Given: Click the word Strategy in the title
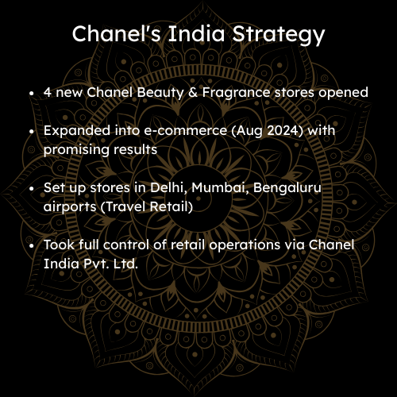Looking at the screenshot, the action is [x=278, y=34].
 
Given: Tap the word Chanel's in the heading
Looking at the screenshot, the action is [x=116, y=33].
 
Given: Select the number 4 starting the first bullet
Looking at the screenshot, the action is [x=48, y=92].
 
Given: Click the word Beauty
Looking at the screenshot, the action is [x=160, y=93].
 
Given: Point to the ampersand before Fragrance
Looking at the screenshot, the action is [x=193, y=92].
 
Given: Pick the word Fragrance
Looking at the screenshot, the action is [x=236, y=93].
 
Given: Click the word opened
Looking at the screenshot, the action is [x=343, y=93].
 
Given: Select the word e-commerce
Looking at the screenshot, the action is [x=186, y=130].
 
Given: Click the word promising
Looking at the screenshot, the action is [x=76, y=150].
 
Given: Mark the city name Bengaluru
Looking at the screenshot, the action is [x=287, y=188].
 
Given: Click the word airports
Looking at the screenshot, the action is [x=70, y=207].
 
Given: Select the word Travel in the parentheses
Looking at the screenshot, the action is [x=125, y=206].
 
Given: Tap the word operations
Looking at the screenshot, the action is [x=245, y=245].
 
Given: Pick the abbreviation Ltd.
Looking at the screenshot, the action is [x=125, y=264].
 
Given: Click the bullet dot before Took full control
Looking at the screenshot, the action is [x=32, y=245].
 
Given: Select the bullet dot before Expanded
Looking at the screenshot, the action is [x=32, y=131].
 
